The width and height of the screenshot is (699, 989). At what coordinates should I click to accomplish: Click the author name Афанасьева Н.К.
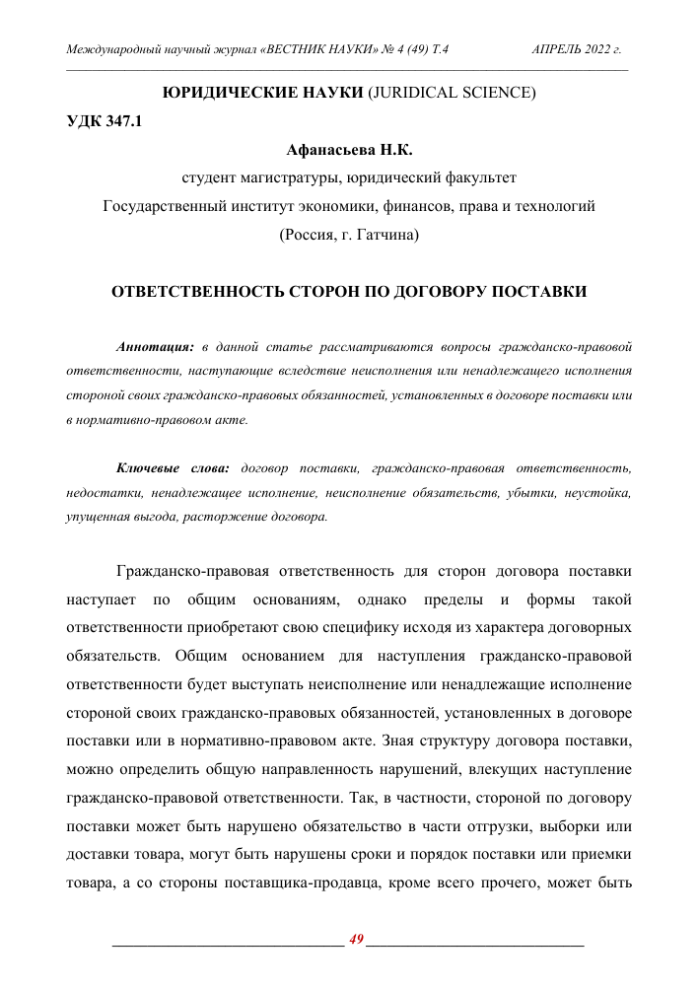(x=349, y=151)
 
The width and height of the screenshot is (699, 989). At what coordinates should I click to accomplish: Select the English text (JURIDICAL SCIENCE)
(x=452, y=95)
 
